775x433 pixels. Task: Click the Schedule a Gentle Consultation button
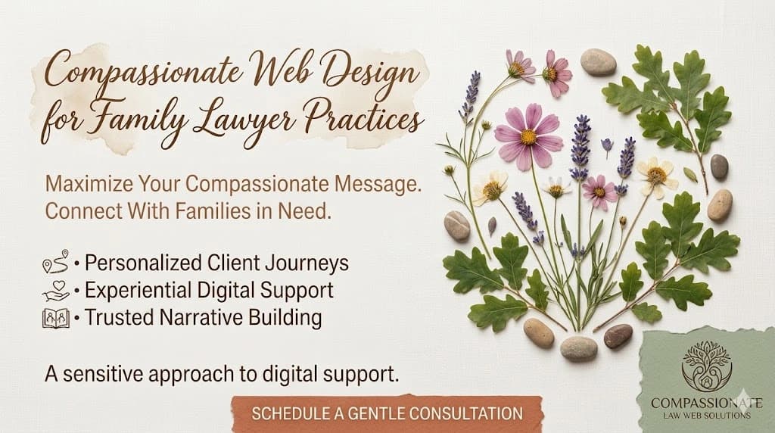[x=387, y=413]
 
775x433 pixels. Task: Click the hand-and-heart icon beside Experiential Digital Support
[x=55, y=290]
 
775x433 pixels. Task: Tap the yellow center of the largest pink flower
[x=528, y=137]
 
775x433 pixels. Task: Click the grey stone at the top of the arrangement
[x=598, y=62]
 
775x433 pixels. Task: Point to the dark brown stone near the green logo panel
[x=618, y=335]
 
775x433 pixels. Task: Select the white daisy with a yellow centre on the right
[x=655, y=175]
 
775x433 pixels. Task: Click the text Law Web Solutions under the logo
[x=705, y=416]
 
